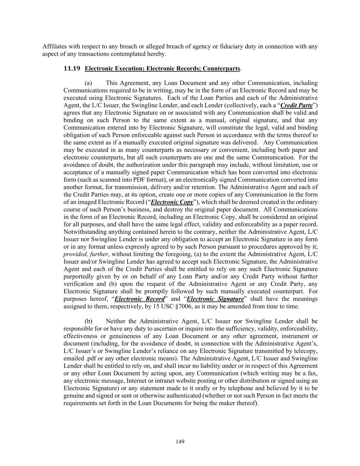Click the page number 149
(180, 442)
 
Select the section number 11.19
(72, 69)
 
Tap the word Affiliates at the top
(54, 46)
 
